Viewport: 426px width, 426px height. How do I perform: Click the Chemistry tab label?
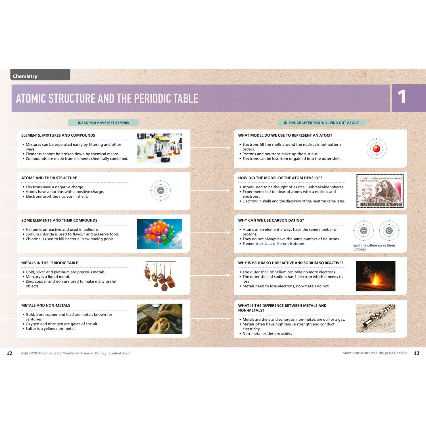coord(25,76)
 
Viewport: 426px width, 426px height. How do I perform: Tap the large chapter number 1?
coord(402,97)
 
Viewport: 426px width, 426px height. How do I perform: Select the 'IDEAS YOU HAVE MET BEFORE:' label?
coord(103,123)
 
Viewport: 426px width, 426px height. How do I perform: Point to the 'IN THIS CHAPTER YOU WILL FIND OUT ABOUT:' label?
coord(321,123)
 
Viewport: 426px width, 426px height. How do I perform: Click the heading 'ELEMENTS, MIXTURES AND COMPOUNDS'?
coord(58,135)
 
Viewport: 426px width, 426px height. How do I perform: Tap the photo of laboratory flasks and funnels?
coord(160,148)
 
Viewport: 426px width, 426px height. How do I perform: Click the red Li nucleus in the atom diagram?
coord(377,149)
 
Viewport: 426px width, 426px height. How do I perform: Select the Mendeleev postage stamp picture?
coord(380,191)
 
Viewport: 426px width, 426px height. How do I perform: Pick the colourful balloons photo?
coord(160,234)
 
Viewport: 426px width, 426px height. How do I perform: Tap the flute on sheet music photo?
coord(376,318)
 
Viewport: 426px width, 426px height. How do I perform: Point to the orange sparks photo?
coord(376,276)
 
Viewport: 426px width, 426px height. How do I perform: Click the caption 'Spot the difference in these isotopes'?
coord(374,247)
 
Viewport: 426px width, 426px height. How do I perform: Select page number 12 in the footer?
coord(9,353)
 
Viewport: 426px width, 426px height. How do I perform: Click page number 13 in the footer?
coord(417,353)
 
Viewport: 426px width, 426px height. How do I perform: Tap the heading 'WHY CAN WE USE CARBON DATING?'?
coord(271,220)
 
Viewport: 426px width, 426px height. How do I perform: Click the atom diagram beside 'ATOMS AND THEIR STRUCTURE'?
coord(161,191)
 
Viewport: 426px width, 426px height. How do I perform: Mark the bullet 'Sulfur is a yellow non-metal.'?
coord(51,329)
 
